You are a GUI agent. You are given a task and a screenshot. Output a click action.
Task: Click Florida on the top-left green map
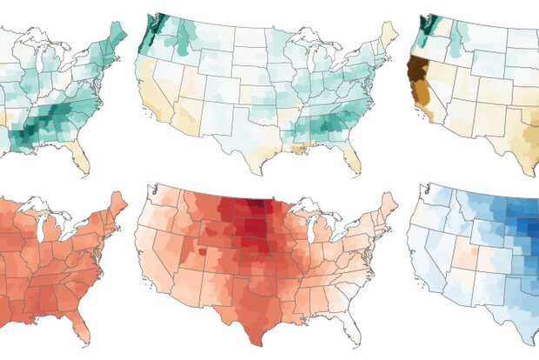tap(80, 158)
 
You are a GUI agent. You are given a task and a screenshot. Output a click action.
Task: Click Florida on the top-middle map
tap(351, 158)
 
